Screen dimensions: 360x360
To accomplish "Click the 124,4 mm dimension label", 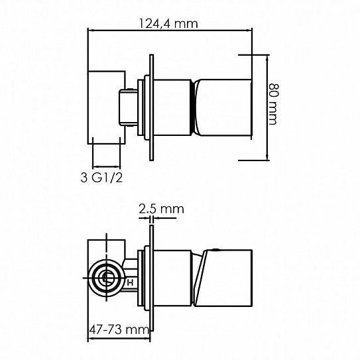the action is (168, 24).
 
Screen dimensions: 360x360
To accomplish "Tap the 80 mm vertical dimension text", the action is (273, 104).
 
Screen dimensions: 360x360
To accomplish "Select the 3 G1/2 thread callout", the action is (101, 178).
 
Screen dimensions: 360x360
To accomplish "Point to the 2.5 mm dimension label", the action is (161, 209).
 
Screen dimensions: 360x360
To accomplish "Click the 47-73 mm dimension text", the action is (119, 330).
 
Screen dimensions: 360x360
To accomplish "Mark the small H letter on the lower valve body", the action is (131, 282).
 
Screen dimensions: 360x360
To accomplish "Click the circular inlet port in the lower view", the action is (106, 278).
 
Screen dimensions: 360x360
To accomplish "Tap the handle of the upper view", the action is (223, 107).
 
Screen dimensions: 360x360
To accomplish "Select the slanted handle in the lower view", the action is (223, 278).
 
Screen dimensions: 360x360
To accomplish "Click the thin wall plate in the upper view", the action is (151, 107).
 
